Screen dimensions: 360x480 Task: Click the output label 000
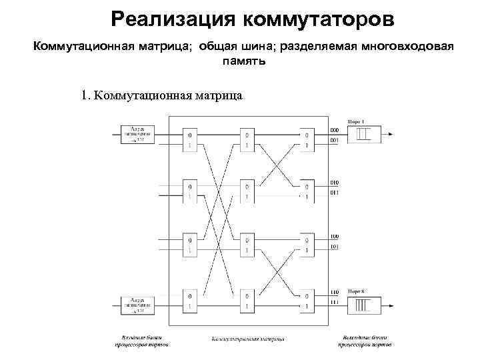334,129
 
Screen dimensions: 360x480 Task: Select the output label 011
334,193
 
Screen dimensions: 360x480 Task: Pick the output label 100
334,236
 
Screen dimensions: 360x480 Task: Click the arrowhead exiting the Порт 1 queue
390,135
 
